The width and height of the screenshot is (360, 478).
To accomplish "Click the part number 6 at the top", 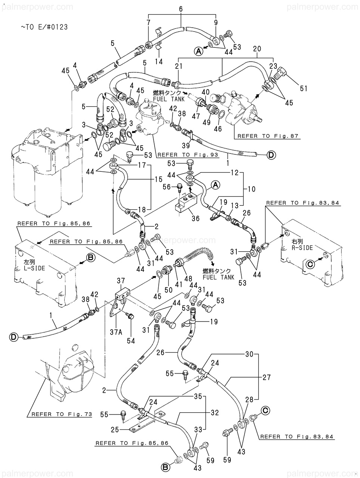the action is tap(181, 9).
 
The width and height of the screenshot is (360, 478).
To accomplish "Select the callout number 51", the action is tap(304, 89).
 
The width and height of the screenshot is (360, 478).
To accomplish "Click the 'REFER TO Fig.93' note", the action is tap(188, 155).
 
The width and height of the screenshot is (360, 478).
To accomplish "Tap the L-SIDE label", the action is tap(34, 268).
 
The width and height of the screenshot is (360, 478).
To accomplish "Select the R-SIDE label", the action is tap(302, 248).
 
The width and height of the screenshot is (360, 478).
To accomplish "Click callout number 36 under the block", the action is tap(196, 218).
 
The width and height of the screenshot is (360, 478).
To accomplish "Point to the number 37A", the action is tap(116, 332).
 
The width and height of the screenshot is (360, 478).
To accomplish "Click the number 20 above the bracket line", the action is tap(257, 49).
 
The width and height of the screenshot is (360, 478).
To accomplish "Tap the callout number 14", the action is tap(159, 62).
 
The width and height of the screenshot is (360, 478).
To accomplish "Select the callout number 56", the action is tap(167, 187).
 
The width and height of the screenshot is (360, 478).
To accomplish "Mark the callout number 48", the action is tap(188, 279).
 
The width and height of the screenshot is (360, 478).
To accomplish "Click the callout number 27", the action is tap(267, 377).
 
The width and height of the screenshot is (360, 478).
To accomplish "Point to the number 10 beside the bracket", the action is tap(252, 189).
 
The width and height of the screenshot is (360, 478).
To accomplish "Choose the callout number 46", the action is tap(218, 128).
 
